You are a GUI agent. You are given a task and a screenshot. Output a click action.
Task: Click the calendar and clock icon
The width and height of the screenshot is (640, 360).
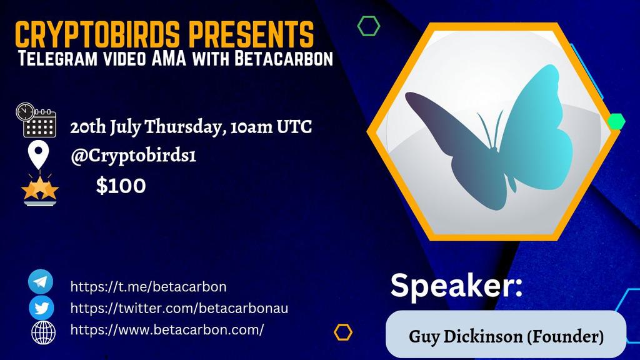tap(37, 120)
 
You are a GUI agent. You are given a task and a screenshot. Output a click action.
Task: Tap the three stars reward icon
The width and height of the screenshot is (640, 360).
tap(40, 188)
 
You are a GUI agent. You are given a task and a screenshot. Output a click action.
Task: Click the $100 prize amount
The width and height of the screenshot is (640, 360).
tap(121, 186)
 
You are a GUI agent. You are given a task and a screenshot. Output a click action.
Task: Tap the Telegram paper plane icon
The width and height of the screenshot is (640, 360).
tap(41, 282)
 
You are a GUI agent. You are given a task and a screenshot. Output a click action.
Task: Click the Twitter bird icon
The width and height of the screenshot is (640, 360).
tap(41, 307)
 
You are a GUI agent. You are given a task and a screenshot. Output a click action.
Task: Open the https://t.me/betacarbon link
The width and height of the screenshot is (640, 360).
tap(148, 287)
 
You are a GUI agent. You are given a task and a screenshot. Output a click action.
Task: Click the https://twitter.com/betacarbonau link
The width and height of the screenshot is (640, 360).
tap(179, 308)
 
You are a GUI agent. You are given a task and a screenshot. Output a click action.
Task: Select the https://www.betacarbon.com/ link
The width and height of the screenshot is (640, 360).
tap(167, 329)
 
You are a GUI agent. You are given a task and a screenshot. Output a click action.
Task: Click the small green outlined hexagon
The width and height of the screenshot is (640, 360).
tap(369, 26)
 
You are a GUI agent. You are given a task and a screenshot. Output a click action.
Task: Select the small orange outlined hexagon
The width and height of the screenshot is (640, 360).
tap(342, 332)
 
